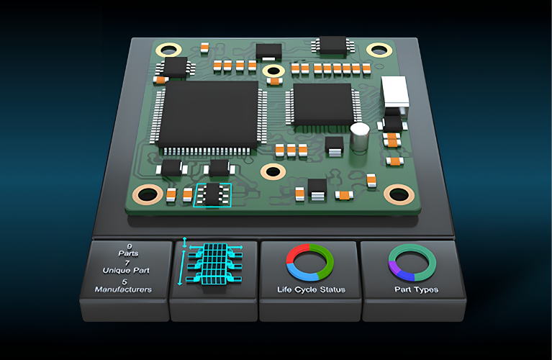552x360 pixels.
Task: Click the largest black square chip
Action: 209,114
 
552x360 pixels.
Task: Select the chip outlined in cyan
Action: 212,195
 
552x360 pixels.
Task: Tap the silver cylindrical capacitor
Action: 359,137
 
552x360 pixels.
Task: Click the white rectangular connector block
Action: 395,91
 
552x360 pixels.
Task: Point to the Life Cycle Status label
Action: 311,289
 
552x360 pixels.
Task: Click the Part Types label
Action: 416,289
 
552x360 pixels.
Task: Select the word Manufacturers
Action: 123,289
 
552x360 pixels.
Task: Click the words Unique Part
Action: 126,271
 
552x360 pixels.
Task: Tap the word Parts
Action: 129,253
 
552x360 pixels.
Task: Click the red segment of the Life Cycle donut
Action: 296,251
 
